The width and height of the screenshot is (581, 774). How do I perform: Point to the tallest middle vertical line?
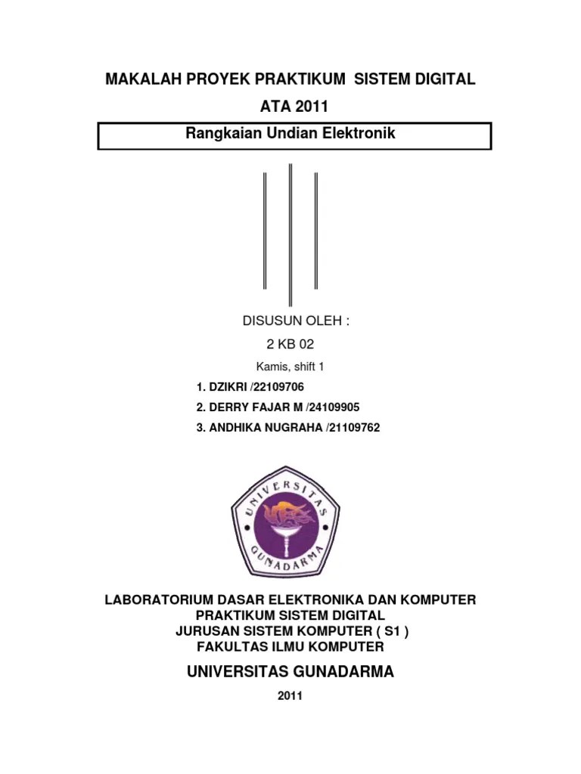(290, 234)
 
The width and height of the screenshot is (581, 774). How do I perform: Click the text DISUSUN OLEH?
(296, 320)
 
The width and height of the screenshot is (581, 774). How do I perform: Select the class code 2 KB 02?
(290, 344)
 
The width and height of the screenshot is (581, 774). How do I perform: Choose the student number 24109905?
(332, 407)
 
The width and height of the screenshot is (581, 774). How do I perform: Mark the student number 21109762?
(354, 428)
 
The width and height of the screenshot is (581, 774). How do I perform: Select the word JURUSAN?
(205, 631)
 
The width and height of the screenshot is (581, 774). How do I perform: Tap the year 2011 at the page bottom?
(290, 695)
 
